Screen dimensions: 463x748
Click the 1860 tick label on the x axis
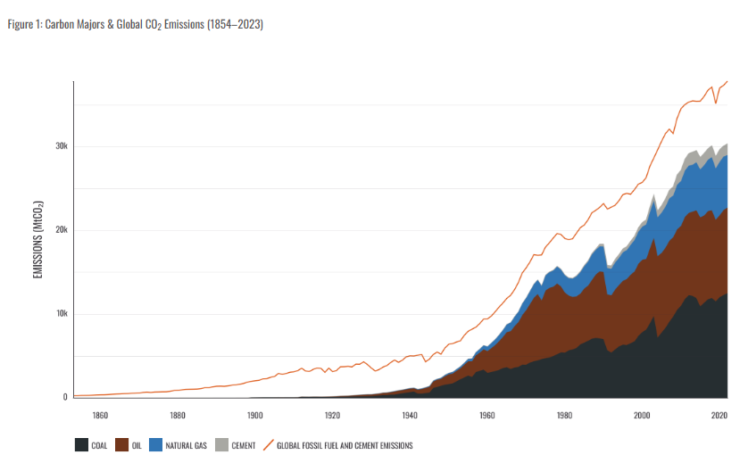click(x=100, y=415)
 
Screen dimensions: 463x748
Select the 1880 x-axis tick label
click(x=178, y=415)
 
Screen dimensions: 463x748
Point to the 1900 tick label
click(x=255, y=415)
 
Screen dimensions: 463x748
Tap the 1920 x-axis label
click(x=332, y=415)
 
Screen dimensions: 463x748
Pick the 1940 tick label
click(x=410, y=415)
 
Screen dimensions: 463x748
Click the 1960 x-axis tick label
click(x=486, y=415)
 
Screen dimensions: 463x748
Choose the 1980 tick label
click(x=564, y=415)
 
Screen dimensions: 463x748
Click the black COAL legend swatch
click(x=81, y=444)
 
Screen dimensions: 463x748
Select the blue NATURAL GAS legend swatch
click(x=154, y=444)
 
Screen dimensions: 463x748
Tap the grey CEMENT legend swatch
click(x=223, y=444)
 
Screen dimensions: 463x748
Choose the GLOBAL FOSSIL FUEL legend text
click(x=345, y=444)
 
